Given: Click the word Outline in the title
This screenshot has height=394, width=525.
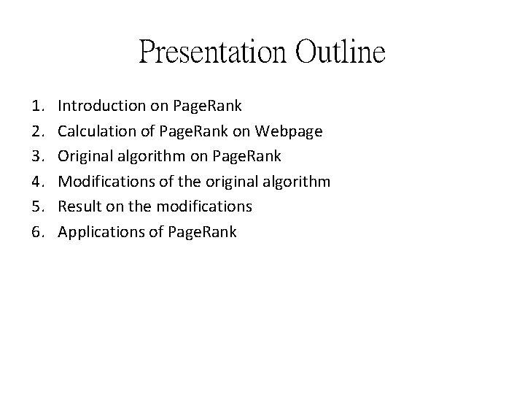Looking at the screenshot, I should coord(341,53).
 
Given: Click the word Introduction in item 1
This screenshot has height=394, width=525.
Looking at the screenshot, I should coord(101,106).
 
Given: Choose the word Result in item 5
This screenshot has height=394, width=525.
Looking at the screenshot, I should coord(79,206).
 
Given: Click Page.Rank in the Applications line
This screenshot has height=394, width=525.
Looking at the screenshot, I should coord(202,232).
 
